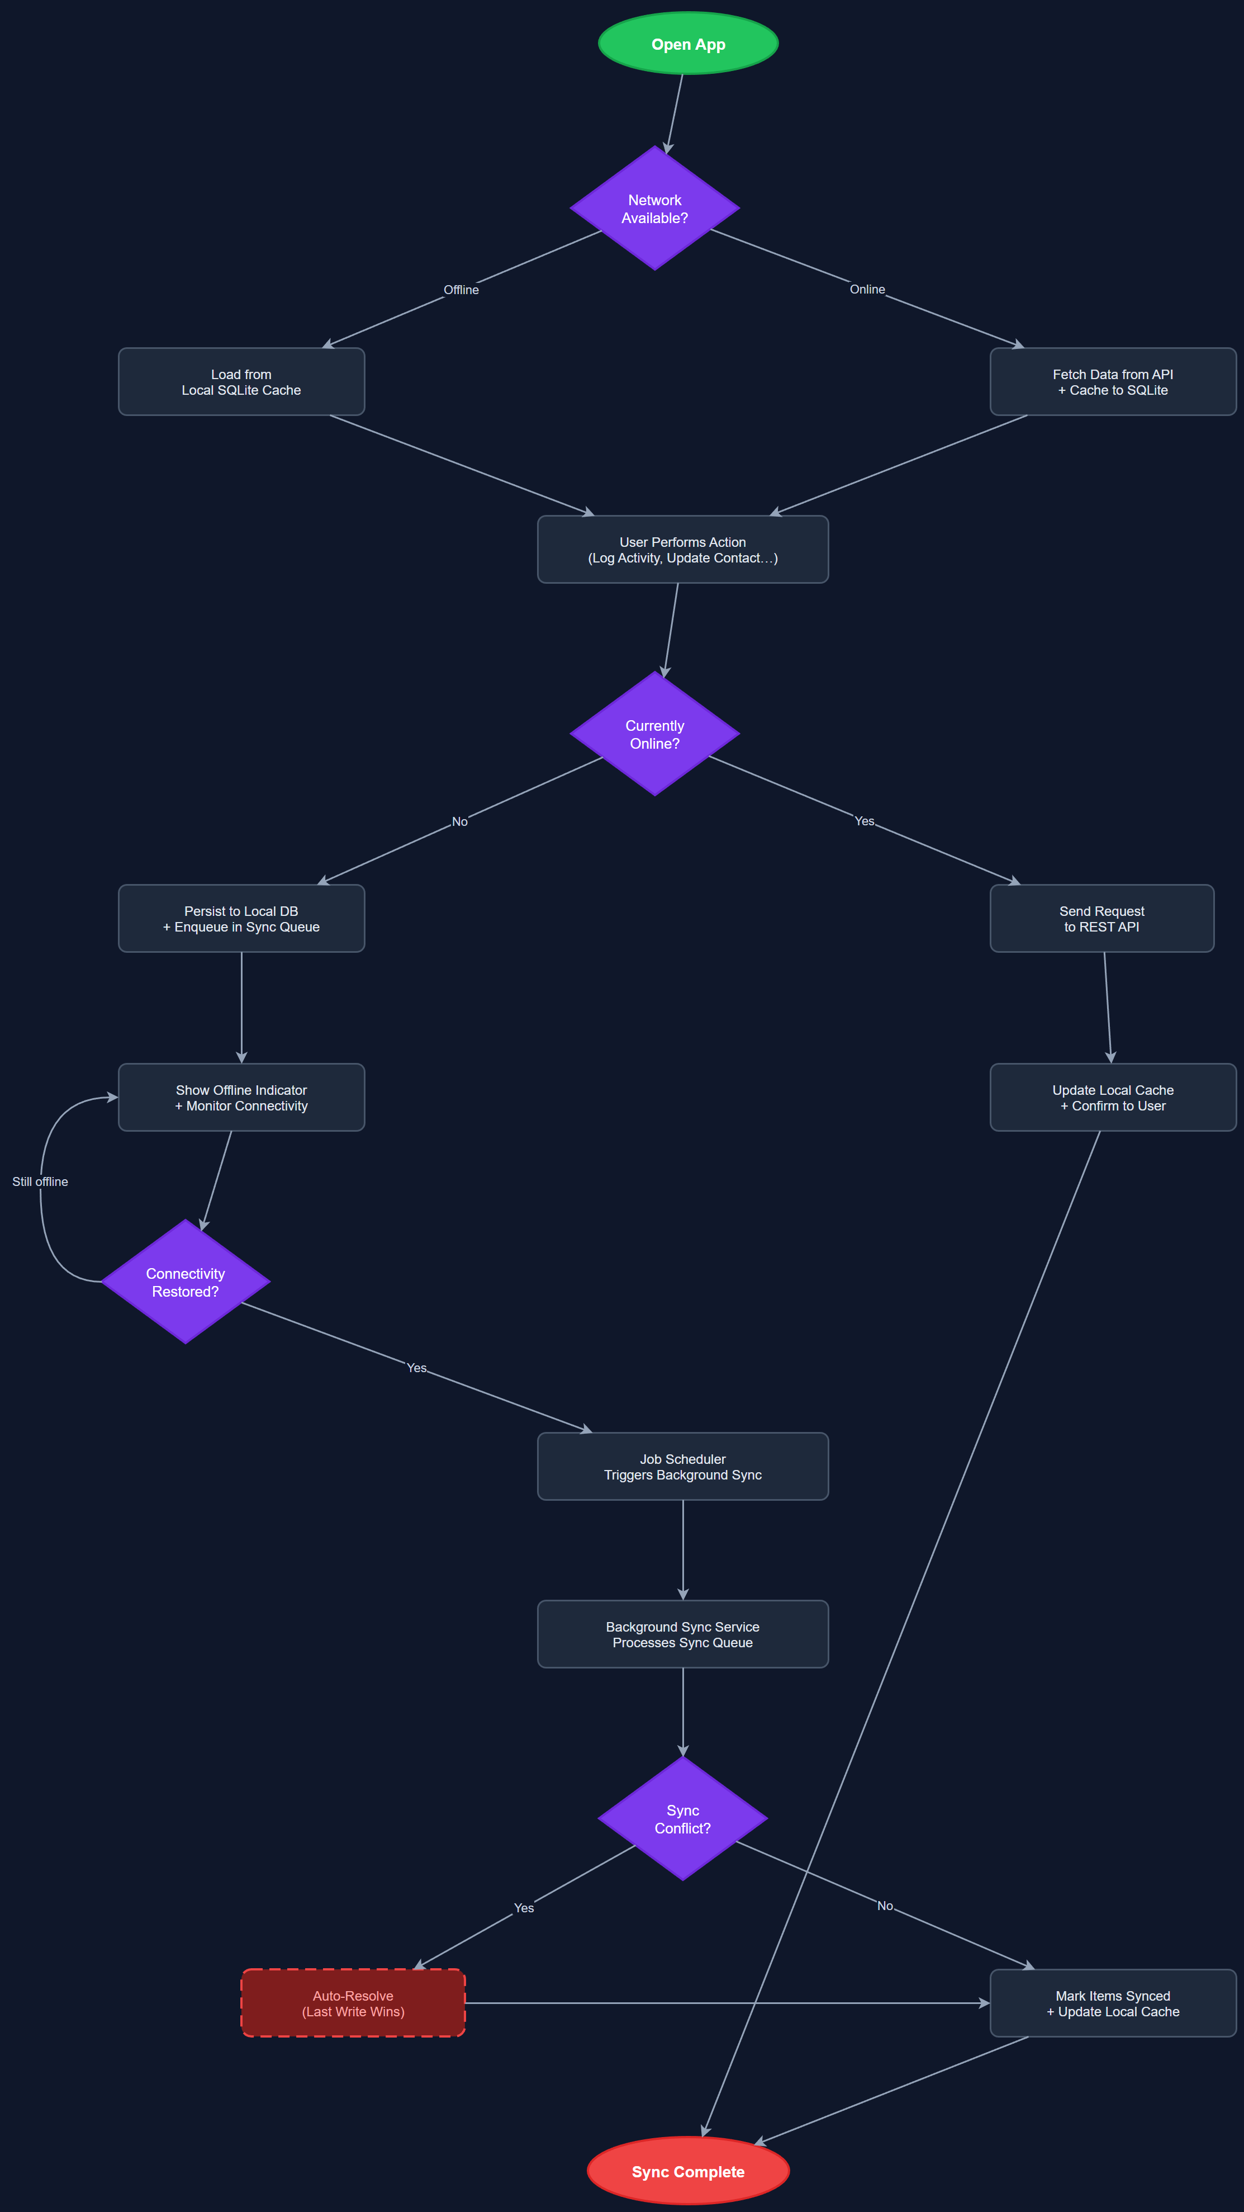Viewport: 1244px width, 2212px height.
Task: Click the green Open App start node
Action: (688, 44)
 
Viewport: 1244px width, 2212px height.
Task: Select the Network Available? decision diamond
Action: (654, 209)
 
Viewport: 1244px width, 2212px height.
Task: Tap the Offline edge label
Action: (461, 290)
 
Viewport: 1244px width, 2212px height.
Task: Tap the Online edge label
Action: (867, 290)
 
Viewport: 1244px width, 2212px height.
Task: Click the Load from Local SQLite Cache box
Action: (241, 382)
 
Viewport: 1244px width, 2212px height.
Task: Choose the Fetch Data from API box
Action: (1113, 382)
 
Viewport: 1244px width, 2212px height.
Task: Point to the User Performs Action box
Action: (682, 550)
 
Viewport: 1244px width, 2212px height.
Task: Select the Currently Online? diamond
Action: (654, 734)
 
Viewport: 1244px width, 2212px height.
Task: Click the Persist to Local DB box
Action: (241, 919)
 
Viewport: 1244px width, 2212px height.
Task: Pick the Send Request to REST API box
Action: (1101, 919)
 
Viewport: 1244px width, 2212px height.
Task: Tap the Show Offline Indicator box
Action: (241, 1098)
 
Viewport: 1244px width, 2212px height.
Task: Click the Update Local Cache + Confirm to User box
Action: (1113, 1098)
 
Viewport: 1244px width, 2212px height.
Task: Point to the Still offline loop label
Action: (40, 1181)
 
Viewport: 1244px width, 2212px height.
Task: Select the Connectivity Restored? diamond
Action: (186, 1282)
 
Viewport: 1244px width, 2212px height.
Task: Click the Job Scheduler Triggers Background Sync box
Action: (682, 1467)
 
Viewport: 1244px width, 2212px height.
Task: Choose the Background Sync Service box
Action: (682, 1634)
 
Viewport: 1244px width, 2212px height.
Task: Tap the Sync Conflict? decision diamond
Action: (682, 1819)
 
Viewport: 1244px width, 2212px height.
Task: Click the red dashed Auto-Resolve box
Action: (353, 2003)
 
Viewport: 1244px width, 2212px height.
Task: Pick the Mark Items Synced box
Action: (1113, 2003)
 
